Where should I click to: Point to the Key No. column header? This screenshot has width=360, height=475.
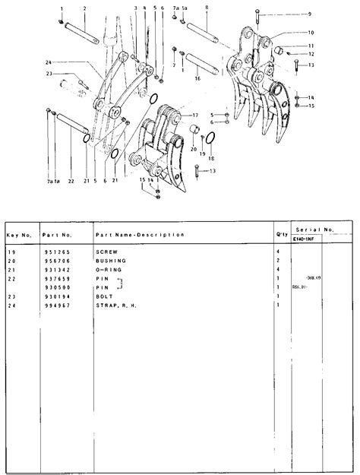(x=19, y=234)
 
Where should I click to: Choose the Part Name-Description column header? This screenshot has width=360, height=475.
(x=140, y=234)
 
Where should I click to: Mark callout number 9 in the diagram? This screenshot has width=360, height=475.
(x=309, y=14)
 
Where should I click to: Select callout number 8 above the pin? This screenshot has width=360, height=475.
(x=207, y=7)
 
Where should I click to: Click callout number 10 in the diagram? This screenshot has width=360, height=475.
(x=311, y=33)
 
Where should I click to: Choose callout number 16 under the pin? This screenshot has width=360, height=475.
(x=197, y=78)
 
